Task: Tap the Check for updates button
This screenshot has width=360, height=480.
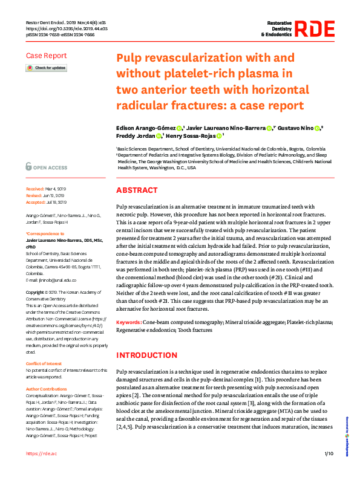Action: click(x=46, y=68)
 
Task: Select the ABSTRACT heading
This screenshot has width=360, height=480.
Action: click(x=136, y=190)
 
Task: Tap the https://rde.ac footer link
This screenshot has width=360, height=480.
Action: click(x=41, y=470)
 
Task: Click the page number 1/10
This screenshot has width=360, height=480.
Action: click(x=329, y=470)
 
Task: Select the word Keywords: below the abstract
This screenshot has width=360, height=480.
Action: click(x=131, y=323)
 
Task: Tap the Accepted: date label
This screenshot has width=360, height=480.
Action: click(x=37, y=203)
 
